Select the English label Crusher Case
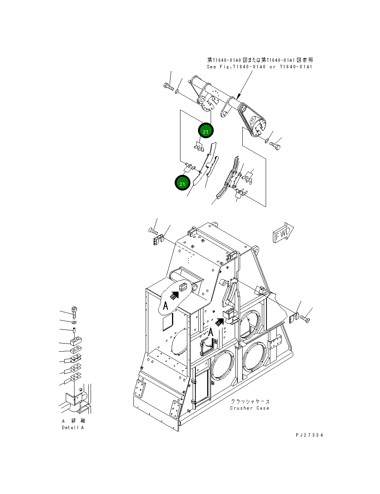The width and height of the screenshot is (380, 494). tap(249, 408)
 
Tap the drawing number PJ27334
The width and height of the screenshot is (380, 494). tap(309, 435)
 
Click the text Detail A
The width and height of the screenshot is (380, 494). tap(73, 427)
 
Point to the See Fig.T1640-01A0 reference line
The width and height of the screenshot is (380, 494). tap(260, 67)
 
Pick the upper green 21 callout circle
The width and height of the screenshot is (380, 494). tap(206, 131)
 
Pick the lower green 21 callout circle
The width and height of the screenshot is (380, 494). tap(182, 183)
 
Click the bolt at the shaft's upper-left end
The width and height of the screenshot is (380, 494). tap(168, 87)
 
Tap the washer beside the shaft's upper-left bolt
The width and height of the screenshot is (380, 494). tap(177, 92)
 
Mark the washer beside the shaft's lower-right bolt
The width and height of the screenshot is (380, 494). tap(266, 141)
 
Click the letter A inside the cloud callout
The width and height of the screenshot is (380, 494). tap(166, 305)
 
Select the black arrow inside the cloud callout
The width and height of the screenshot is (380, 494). tap(174, 295)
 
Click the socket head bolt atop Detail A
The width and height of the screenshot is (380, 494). tap(74, 312)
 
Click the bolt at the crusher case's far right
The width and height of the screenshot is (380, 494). tap(306, 318)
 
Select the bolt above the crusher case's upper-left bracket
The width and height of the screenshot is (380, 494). tap(152, 230)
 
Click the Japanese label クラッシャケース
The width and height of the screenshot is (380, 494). tap(250, 402)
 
